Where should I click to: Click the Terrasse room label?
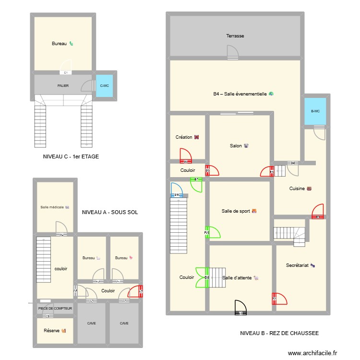(x=235, y=36)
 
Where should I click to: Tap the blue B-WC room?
(x=315, y=111)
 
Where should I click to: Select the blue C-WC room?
(x=104, y=86)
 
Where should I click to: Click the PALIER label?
(x=63, y=86)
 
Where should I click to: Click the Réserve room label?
(x=54, y=330)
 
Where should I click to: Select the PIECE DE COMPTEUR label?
(x=55, y=308)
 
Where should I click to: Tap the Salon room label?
(x=239, y=146)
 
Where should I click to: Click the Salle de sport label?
(x=239, y=211)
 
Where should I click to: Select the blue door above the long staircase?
(x=176, y=190)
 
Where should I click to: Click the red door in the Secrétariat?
(x=279, y=299)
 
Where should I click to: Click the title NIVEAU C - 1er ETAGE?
(x=71, y=156)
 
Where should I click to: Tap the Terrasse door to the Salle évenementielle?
(x=232, y=52)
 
